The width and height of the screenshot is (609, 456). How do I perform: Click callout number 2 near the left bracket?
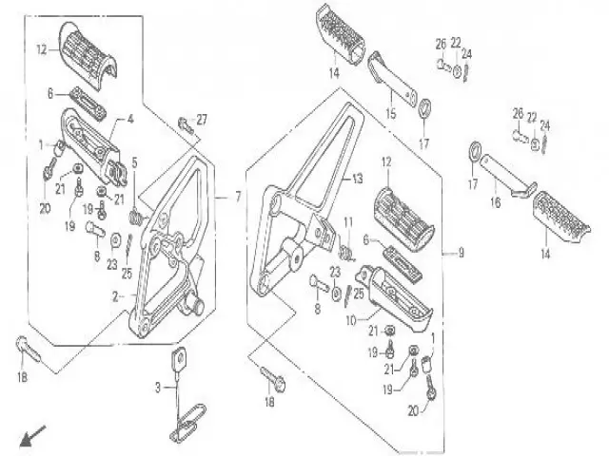(x=116, y=296)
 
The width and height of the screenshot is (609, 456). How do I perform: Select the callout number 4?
(x=131, y=120)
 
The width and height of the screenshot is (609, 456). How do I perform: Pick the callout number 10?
(x=351, y=320)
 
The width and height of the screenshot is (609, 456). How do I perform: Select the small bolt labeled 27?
(x=183, y=123)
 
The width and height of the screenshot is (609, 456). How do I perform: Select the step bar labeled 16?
(x=500, y=179)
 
